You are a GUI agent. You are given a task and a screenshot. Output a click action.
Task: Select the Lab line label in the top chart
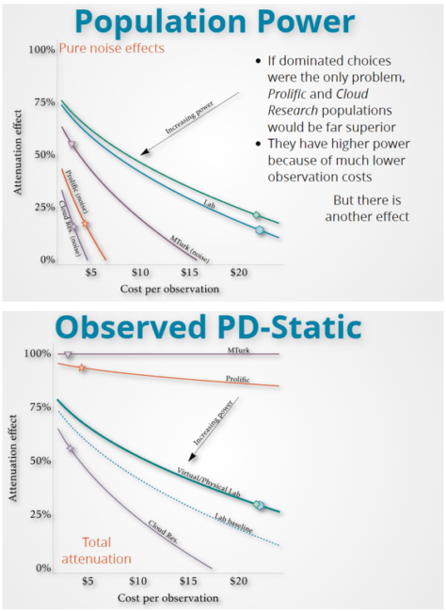[x=210, y=202]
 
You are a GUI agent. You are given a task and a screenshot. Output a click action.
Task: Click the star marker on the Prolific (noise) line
[x=85, y=224]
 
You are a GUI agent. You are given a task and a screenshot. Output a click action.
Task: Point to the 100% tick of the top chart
[x=41, y=49]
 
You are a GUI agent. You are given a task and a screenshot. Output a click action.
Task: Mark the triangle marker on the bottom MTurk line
[x=68, y=354]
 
